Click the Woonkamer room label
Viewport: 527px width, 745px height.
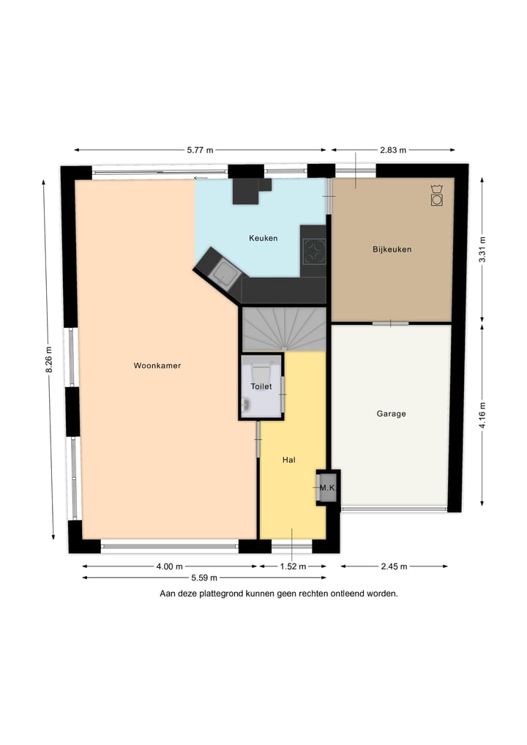[x=157, y=365]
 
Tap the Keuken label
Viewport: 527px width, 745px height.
[x=263, y=238]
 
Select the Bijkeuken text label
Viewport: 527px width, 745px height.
[x=392, y=249]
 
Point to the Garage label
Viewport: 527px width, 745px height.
[x=391, y=413]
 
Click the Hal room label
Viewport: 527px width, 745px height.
[x=288, y=460]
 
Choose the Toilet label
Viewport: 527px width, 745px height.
[x=261, y=386]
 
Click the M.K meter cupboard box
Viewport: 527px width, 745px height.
[x=326, y=487]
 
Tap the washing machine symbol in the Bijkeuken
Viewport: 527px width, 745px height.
[x=436, y=196]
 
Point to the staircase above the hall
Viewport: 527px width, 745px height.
[x=284, y=329]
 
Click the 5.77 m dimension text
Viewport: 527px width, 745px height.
[x=200, y=150]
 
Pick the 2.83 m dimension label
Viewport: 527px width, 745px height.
[x=392, y=150]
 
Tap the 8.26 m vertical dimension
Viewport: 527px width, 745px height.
[x=50, y=359]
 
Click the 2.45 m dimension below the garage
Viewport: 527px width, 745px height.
[x=394, y=566]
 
